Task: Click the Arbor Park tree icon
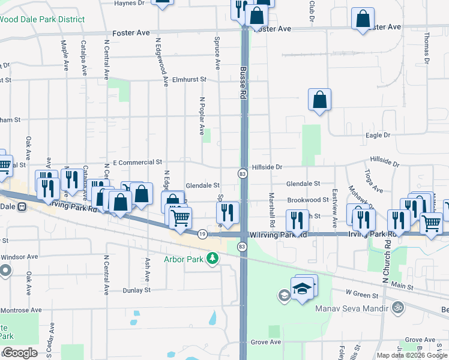click(212, 259)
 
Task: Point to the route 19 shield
click(203, 234)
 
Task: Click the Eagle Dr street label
click(378, 136)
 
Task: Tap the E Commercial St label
click(137, 163)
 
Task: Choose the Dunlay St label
click(137, 290)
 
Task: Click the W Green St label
click(362, 295)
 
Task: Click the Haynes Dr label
click(130, 3)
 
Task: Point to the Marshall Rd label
click(272, 209)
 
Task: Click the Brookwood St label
click(307, 200)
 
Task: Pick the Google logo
click(20, 353)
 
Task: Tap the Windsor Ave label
click(19, 257)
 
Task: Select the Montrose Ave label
click(20, 310)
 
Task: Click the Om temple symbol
click(396, 308)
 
